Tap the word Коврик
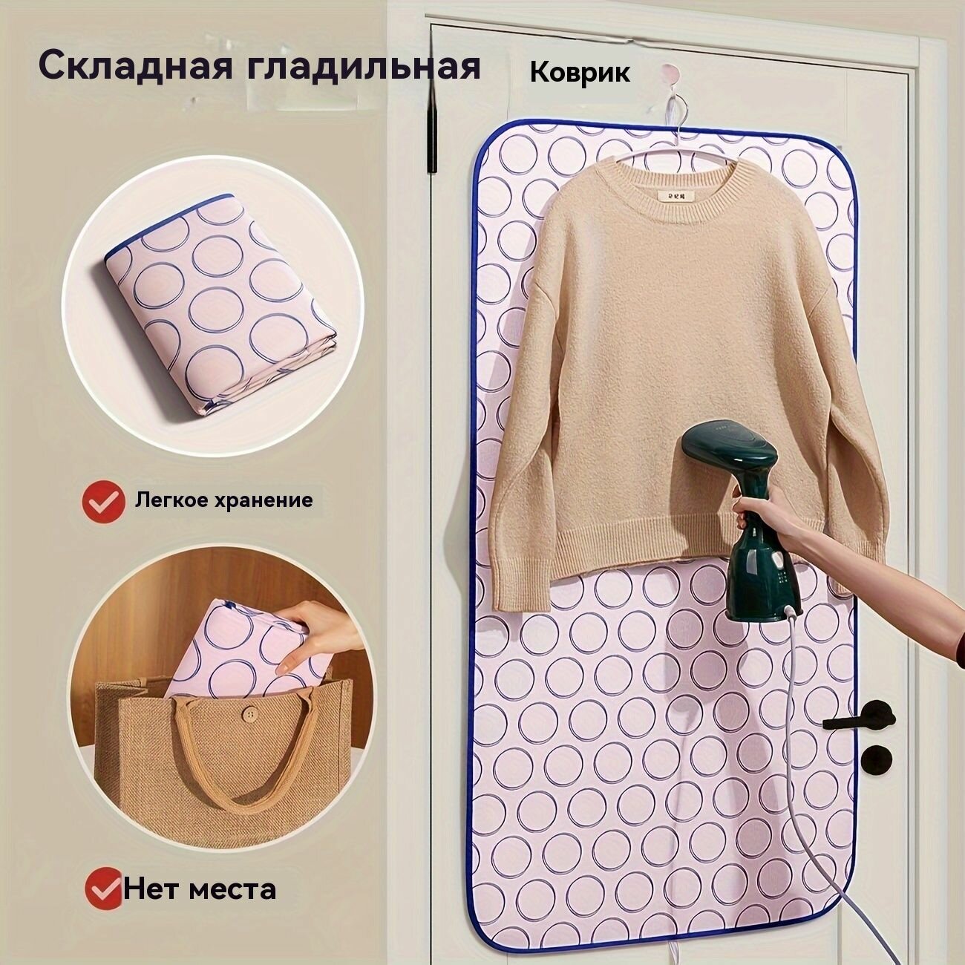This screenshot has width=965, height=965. [x=580, y=72]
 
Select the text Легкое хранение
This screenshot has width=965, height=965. [x=223, y=500]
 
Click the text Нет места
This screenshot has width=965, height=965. [x=200, y=888]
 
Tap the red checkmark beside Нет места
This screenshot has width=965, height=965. [x=103, y=887]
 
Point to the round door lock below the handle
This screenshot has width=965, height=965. [x=877, y=759]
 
